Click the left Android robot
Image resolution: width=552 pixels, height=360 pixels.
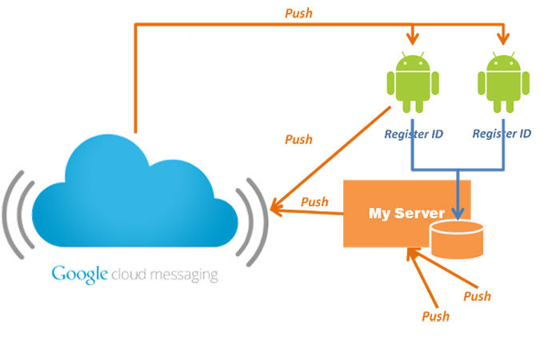tap(413, 83)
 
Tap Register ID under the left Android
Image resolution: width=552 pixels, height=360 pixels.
tap(414, 134)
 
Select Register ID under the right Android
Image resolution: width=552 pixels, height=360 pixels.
tap(502, 134)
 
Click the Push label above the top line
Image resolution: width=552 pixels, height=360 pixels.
tap(299, 14)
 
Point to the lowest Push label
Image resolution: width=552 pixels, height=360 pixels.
tap(436, 315)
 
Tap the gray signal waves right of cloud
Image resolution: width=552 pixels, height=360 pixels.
tap(254, 216)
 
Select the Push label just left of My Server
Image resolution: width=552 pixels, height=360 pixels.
tap(314, 202)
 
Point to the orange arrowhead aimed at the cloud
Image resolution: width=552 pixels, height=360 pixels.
tap(275, 210)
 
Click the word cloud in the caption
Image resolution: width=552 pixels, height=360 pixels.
tap(128, 275)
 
